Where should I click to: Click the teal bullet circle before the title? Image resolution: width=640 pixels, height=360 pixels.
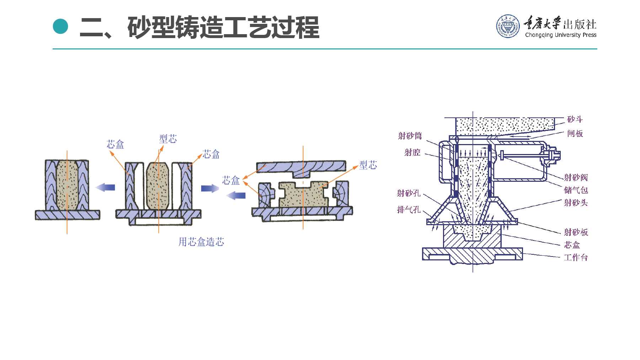point(60,26)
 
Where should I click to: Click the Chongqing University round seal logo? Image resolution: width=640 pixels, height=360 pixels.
point(508,26)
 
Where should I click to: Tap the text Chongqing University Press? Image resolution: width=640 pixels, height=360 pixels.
point(561,35)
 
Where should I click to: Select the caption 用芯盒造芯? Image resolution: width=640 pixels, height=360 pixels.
point(201,242)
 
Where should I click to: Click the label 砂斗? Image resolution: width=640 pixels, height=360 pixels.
point(575,120)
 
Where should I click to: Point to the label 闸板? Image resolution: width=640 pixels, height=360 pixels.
point(575,134)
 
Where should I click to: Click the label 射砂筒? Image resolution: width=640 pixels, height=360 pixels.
point(410,136)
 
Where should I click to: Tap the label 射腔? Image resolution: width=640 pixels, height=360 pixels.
point(412,153)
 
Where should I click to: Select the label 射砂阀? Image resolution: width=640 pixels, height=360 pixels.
point(576,178)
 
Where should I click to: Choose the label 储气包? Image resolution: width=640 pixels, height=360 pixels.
point(576,190)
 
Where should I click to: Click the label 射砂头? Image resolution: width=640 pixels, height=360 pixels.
point(576,203)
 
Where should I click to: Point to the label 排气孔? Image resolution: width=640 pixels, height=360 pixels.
point(409,210)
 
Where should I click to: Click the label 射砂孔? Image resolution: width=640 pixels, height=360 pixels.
point(409,193)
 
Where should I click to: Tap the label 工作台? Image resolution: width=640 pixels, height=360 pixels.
point(576,258)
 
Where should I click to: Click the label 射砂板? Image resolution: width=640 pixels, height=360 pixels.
point(576,232)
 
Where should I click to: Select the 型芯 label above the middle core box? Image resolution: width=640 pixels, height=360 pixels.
point(168,139)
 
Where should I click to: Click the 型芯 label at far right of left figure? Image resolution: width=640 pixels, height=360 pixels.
point(368,165)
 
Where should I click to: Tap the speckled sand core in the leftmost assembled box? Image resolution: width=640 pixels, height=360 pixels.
point(67,185)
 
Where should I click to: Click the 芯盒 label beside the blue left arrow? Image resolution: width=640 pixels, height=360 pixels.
point(231,180)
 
